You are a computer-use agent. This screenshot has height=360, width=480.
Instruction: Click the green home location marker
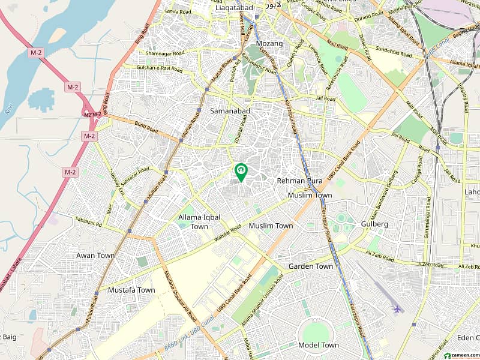click(x=241, y=172)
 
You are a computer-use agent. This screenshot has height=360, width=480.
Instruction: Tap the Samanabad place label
click(x=230, y=111)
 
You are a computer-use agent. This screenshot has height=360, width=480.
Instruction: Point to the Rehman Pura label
click(x=299, y=180)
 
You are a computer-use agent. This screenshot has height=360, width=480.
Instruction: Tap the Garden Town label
click(x=310, y=266)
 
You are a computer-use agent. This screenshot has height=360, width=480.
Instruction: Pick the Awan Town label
click(x=95, y=255)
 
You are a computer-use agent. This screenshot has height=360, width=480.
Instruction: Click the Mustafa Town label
click(x=131, y=290)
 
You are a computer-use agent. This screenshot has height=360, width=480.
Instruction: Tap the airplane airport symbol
click(x=396, y=309)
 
